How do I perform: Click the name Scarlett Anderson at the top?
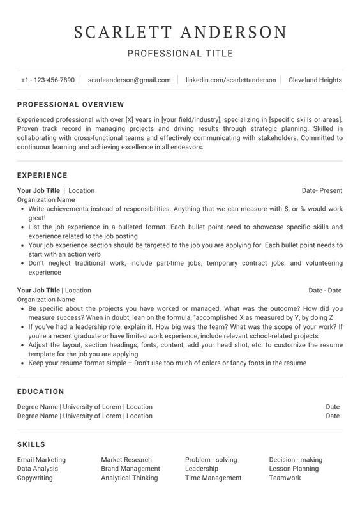tap(180, 32)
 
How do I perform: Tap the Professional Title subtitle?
tap(180, 54)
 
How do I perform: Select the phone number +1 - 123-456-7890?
tap(47, 80)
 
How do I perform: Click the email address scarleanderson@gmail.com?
tap(130, 80)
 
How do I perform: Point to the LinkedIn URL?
tap(230, 80)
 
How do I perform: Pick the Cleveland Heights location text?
tap(315, 80)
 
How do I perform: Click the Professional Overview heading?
tap(70, 104)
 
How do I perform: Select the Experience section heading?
tap(42, 175)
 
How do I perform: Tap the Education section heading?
tap(41, 391)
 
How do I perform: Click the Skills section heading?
tap(31, 444)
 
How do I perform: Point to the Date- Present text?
tap(322, 190)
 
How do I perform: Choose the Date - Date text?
tap(325, 290)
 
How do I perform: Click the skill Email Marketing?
tap(41, 459)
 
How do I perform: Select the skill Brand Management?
tap(130, 468)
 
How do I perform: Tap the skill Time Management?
tap(213, 478)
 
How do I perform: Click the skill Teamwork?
tap(285, 478)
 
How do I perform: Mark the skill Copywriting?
tap(35, 478)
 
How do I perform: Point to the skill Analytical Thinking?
tap(129, 478)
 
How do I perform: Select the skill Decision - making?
tap(296, 459)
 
